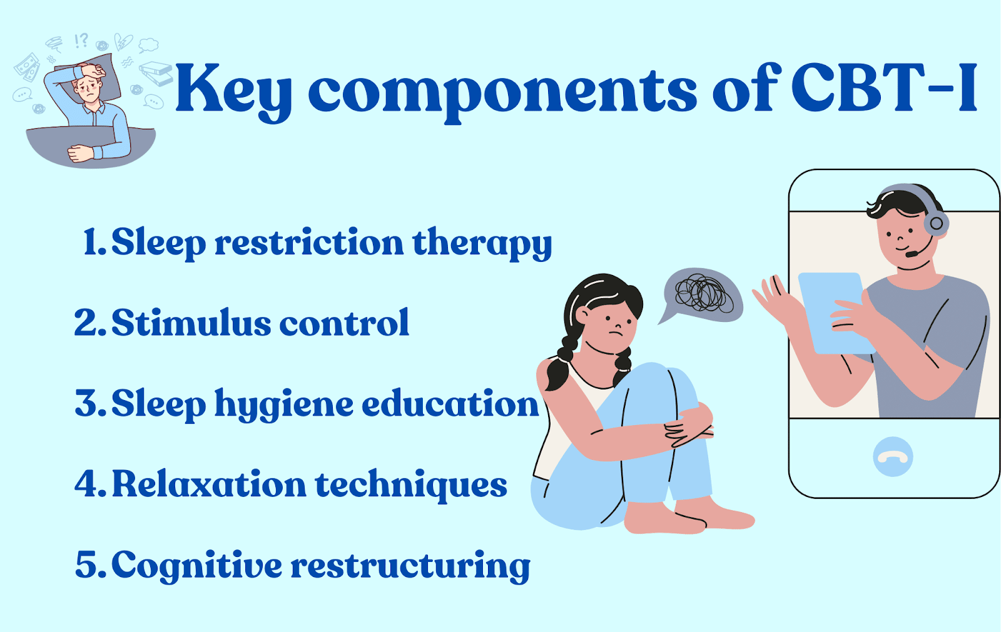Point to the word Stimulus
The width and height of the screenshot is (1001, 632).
pos(191,322)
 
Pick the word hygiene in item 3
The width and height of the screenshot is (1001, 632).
pos(284,405)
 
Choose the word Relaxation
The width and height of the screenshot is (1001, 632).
pos(209,484)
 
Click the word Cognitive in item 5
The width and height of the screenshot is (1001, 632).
pos(197,566)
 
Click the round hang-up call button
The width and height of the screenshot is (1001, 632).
pos(893,456)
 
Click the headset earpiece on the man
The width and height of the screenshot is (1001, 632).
pos(936,223)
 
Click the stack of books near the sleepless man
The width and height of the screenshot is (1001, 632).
pos(156,73)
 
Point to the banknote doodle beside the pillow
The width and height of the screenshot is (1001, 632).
pos(28,68)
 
